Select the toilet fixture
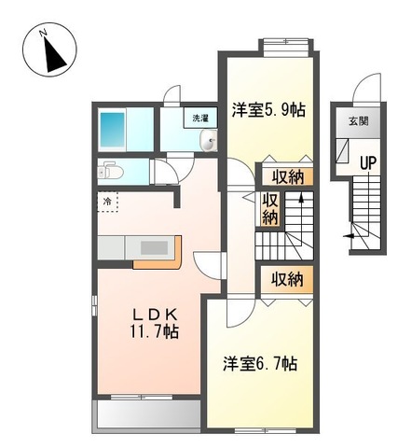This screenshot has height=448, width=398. pos(111,172)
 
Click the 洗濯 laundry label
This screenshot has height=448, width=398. pos(200,119)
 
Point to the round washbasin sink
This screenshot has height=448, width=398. pos(210,142)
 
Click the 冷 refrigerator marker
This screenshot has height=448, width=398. pos(108,202)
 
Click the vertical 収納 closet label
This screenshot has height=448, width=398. pos(269,208)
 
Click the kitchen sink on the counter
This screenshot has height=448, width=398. pos(153,248)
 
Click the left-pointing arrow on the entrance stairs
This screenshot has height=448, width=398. pos(350,236)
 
